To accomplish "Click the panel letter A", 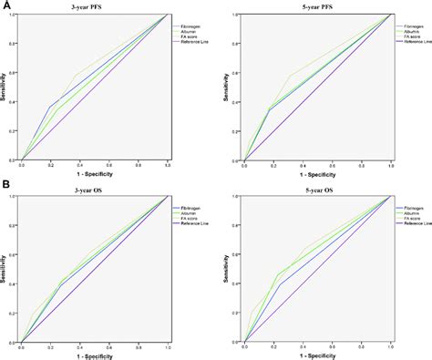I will pyautogui.click(x=5, y=5).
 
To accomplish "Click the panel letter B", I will pyautogui.click(x=5, y=186).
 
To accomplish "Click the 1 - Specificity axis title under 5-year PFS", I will pyautogui.click(x=317, y=173).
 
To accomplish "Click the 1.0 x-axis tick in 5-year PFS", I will pyautogui.click(x=390, y=166).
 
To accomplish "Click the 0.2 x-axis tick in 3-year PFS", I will pyautogui.click(x=51, y=165).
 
